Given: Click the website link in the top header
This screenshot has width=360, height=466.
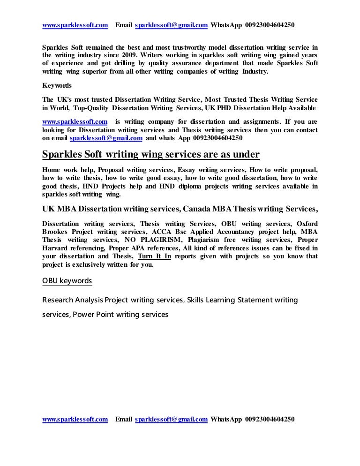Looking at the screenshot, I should pos(75,25).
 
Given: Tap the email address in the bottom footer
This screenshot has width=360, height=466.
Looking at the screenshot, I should pos(171,419).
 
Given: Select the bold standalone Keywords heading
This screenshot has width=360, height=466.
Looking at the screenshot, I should pos(57,86).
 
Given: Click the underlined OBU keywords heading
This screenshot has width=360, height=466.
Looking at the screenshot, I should pos(67,281).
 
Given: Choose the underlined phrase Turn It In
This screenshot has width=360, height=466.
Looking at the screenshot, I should pos(154,256).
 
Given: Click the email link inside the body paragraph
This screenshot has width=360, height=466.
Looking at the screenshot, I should pos(106,138).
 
